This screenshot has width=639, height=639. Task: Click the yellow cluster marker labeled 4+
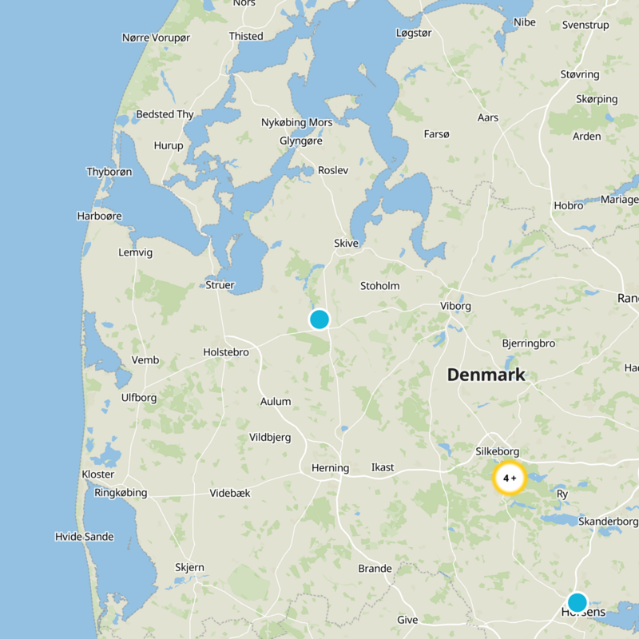[x=510, y=478]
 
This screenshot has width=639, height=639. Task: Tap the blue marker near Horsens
[x=577, y=602]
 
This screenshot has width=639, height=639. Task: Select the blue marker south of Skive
[x=319, y=319]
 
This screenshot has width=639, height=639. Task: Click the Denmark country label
[x=486, y=375]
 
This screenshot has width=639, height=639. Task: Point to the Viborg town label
[x=455, y=306]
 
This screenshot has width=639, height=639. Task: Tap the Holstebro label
[x=226, y=352]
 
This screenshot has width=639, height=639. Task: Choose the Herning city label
[x=330, y=468]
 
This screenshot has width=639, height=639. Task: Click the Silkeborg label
[x=497, y=451]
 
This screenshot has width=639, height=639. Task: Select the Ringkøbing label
[x=121, y=493]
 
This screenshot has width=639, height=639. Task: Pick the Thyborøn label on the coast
[x=109, y=172]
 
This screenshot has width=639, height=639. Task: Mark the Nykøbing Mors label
[x=297, y=122]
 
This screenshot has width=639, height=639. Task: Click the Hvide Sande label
[x=84, y=536]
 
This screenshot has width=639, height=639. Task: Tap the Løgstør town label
[x=414, y=33]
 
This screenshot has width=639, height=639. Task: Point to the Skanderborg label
[x=609, y=522]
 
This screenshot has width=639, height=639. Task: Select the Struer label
[x=220, y=285]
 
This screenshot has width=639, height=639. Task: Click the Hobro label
[x=569, y=205]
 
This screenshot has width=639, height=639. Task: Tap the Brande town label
[x=375, y=569]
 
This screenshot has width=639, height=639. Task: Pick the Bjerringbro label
[x=529, y=343]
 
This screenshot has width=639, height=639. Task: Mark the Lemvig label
[x=135, y=252]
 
